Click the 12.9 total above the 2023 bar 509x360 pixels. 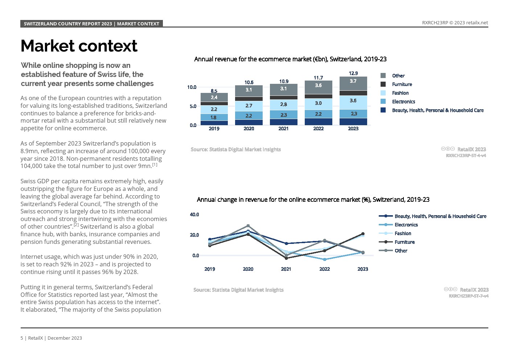tap(353, 73)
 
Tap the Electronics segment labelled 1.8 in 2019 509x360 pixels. tap(214, 117)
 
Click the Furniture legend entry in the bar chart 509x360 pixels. tap(402, 84)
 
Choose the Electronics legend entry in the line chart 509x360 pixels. tap(406, 225)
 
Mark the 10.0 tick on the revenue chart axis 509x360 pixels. tap(192, 87)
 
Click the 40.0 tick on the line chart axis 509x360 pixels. tap(194, 214)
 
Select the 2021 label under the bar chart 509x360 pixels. tap(283, 128)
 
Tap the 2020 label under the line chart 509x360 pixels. tap(248, 269)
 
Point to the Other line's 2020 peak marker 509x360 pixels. tap(248, 226)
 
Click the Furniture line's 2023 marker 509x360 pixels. tap(363, 234)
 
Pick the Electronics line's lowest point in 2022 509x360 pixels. tap(325, 259)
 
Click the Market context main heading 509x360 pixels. tap(79, 46)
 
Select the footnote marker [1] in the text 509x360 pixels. tap(155, 165)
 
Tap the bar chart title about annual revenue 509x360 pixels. tap(290, 59)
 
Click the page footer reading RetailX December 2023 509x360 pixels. tap(51, 338)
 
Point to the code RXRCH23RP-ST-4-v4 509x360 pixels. tap(465, 155)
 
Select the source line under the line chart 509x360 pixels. tap(238, 290)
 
